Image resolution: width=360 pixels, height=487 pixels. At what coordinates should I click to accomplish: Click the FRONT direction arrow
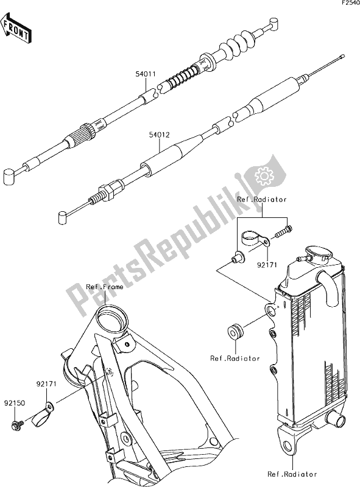coord(16,28)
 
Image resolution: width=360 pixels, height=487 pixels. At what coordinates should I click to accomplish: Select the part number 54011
coord(146,74)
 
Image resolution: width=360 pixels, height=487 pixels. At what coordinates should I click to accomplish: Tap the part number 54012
coord(160,135)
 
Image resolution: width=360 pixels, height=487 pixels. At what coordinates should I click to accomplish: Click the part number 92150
coord(15,404)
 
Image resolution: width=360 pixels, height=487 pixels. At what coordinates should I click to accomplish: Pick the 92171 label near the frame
coord(47,384)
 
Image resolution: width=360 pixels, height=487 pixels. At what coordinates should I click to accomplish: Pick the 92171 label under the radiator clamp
coord(266,265)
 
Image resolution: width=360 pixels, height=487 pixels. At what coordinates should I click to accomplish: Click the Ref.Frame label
coord(104,287)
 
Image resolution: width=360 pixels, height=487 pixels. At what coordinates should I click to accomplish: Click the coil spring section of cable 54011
coord(181,79)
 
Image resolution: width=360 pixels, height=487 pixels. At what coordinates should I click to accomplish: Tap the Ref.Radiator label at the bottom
coord(292,474)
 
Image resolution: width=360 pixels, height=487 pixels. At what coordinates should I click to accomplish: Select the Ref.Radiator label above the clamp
coord(262,200)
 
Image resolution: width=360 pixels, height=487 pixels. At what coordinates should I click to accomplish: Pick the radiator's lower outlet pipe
coord(335,418)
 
